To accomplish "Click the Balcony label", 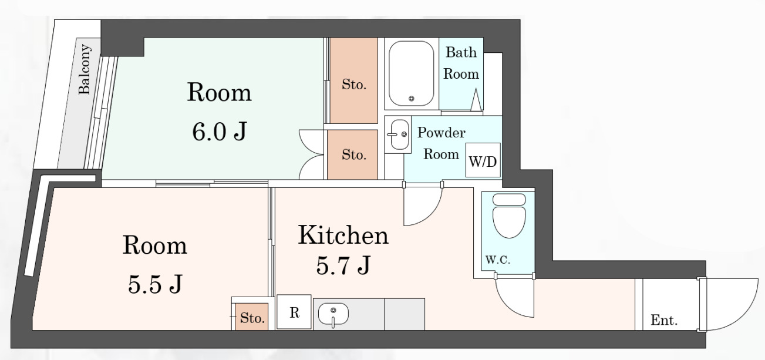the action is click(x=85, y=69).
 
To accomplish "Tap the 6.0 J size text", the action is click(x=219, y=132).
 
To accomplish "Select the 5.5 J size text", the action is click(x=155, y=284).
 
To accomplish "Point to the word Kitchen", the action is click(x=343, y=235).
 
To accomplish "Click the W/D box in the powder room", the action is click(x=483, y=160).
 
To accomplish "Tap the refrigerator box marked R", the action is click(x=294, y=312).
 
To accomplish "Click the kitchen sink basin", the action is click(x=333, y=314).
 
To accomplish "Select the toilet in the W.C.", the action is click(x=509, y=216).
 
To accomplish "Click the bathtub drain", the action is click(x=411, y=99).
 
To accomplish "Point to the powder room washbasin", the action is click(x=400, y=134).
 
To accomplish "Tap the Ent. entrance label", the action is click(x=664, y=320).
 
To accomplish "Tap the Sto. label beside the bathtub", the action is click(x=354, y=85).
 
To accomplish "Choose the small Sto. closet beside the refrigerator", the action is click(x=252, y=317).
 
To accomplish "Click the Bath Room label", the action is click(x=461, y=63).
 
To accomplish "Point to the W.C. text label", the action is click(x=498, y=260).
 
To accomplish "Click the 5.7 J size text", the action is click(x=343, y=265).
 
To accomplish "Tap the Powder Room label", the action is click(x=442, y=143).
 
